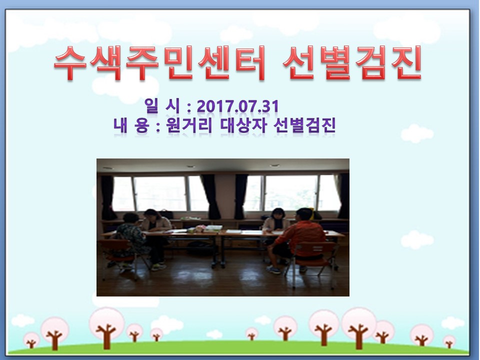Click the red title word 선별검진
[352, 63]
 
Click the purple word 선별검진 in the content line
[305, 125]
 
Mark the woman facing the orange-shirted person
[275, 220]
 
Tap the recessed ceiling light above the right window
[274, 165]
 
